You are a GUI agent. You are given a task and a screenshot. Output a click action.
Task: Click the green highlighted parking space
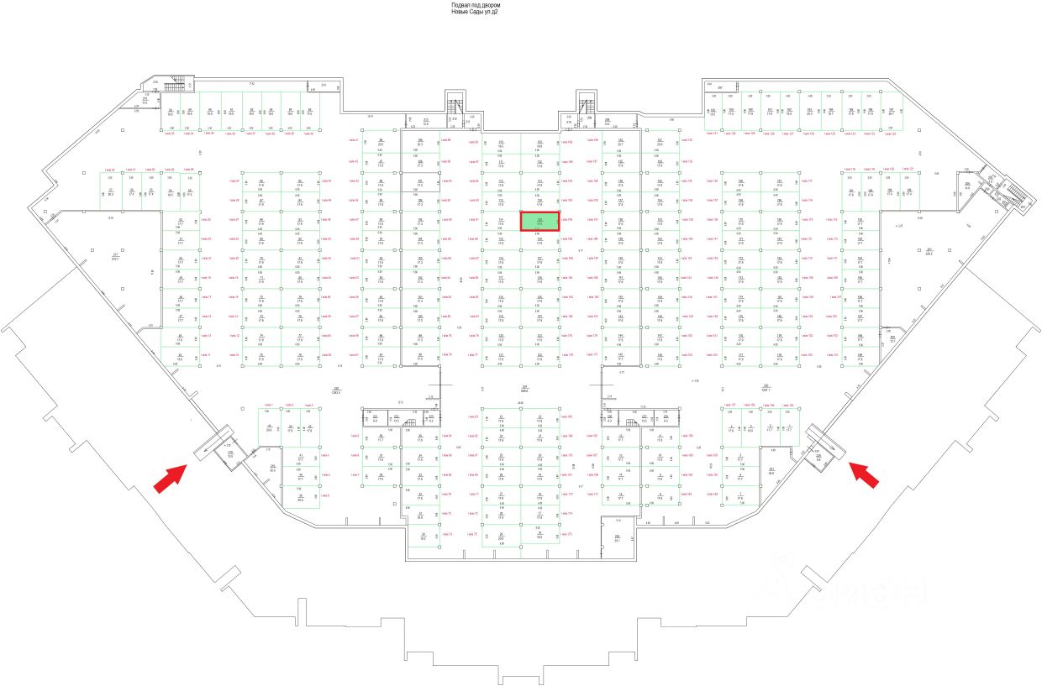540,222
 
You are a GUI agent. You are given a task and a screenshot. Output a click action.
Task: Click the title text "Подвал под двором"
476,5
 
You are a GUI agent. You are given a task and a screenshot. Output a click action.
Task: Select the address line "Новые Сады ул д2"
476,13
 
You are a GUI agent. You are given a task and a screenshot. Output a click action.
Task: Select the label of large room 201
930,251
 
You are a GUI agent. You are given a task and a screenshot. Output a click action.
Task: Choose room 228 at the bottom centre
616,537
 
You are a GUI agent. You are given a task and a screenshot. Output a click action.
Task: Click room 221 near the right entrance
771,470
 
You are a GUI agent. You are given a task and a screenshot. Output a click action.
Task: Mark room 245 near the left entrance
272,468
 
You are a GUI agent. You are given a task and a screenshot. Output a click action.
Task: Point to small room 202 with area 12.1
892,339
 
